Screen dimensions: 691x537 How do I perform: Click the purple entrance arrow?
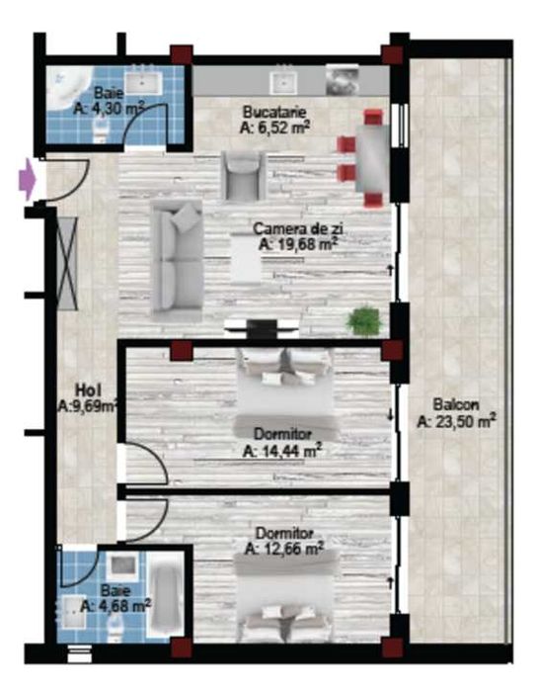click(28, 180)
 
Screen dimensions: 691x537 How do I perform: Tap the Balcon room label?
click(455, 404)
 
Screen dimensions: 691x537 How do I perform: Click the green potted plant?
click(363, 320)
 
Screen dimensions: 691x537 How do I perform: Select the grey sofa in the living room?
click(177, 257)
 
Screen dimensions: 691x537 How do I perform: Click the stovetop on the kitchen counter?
click(342, 77)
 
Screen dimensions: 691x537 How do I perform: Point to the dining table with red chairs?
click(373, 158)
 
